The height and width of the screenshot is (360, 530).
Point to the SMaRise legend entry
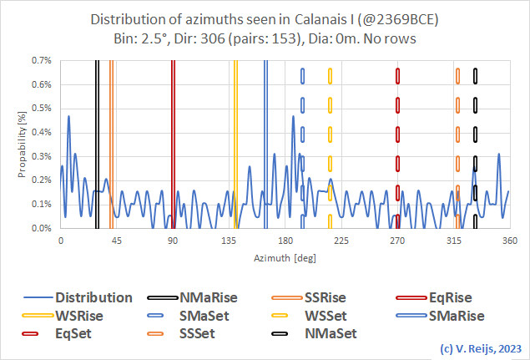[454, 315]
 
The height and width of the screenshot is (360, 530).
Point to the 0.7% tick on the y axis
[42, 60]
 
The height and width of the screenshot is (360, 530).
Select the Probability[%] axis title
[23, 144]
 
